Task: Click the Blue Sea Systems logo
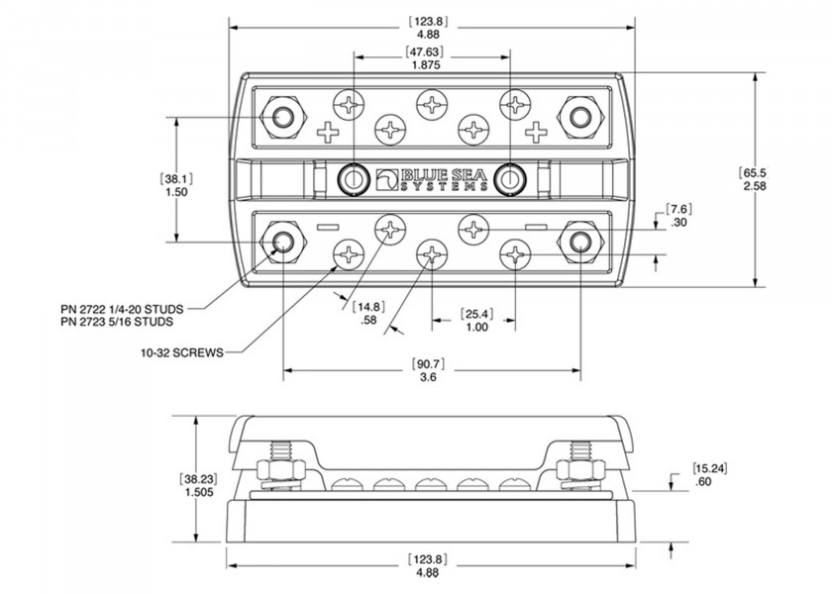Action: [x=431, y=179]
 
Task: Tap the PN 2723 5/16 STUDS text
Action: [x=117, y=322]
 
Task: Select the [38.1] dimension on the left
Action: [x=177, y=179]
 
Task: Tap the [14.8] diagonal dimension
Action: [x=368, y=306]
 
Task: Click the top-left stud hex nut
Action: [x=282, y=116]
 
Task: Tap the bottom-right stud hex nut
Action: [x=579, y=241]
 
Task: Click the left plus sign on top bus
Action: [x=326, y=131]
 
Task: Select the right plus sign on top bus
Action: [x=536, y=131]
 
